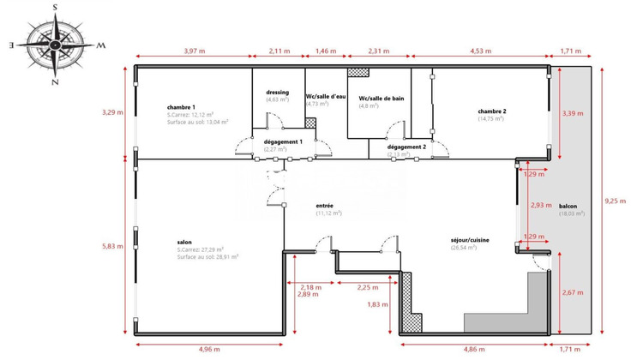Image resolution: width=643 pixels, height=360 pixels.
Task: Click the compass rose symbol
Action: (55, 44)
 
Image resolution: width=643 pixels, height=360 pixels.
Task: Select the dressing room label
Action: (277, 92)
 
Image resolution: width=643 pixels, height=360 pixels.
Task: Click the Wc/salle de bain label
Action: (382, 99)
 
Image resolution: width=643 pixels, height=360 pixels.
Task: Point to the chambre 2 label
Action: (492, 111)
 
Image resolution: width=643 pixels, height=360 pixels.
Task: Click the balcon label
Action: (568, 207)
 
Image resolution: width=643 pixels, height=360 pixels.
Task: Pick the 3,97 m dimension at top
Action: (195, 51)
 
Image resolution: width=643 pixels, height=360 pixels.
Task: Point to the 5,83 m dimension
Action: (113, 246)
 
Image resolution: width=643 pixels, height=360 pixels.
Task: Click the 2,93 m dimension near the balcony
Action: (540, 205)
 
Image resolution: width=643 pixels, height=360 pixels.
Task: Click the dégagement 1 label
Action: (284, 141)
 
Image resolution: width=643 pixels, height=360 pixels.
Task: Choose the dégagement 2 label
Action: (406, 147)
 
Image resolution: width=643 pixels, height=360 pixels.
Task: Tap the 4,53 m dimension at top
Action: (481, 51)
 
